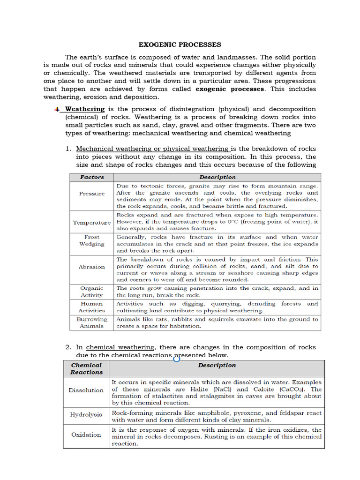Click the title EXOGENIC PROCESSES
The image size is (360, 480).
pyautogui.click(x=180, y=45)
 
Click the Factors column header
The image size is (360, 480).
pyautogui.click(x=92, y=177)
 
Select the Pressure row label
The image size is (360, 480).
pyautogui.click(x=92, y=194)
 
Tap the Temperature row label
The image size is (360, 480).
pyautogui.click(x=92, y=223)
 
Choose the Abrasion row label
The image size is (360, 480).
pyautogui.click(x=92, y=267)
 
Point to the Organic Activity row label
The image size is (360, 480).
pyautogui.click(x=92, y=292)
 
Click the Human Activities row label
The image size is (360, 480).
pyautogui.click(x=92, y=307)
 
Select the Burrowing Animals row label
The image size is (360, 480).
pyautogui.click(x=92, y=322)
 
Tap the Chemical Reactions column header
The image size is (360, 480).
pyautogui.click(x=86, y=368)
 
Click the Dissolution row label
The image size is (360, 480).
pyautogui.click(x=86, y=390)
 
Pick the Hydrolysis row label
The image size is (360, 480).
pyautogui.click(x=86, y=415)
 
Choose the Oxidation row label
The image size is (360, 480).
pyautogui.click(x=86, y=435)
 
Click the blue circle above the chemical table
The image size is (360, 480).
pyautogui.click(x=177, y=359)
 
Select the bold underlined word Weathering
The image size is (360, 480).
pyautogui.click(x=85, y=109)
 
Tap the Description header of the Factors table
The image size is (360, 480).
pyautogui.click(x=217, y=177)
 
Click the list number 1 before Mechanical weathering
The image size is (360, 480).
pyautogui.click(x=68, y=149)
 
